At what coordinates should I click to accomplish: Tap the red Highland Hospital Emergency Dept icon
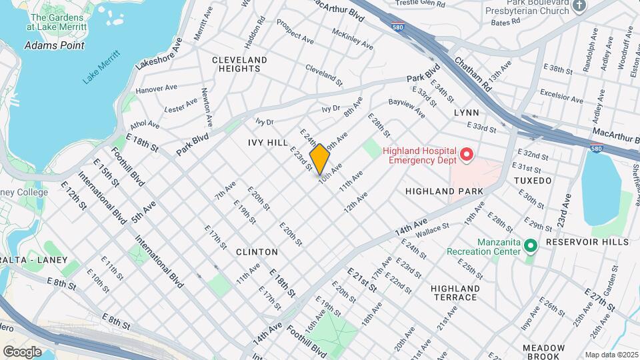click(467, 155)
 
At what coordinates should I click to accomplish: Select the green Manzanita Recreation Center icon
click(531, 246)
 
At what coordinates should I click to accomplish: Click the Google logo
click(22, 352)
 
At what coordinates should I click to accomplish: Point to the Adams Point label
click(55, 45)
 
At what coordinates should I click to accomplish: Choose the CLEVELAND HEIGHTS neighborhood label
click(239, 64)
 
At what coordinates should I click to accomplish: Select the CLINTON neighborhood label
click(257, 252)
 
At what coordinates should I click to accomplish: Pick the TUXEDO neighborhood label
click(533, 181)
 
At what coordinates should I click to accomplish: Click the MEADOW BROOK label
click(544, 352)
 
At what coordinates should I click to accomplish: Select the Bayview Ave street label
click(406, 109)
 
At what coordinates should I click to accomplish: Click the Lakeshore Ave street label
click(159, 53)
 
